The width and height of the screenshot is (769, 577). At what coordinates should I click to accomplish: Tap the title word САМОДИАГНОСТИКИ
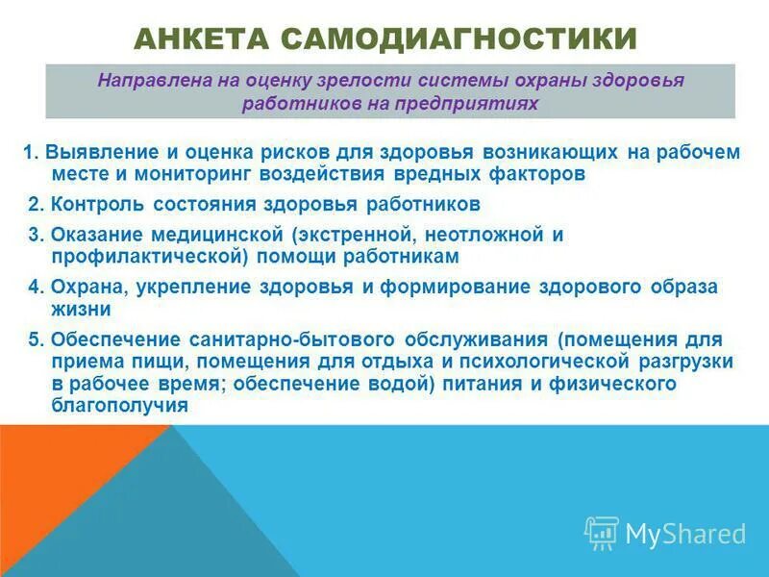[459, 38]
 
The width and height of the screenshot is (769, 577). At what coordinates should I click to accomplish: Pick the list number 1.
[30, 152]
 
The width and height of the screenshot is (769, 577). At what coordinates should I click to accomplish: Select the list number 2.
[35, 204]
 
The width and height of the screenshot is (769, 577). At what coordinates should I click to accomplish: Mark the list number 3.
[35, 234]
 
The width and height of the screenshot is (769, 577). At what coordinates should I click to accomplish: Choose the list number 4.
[35, 287]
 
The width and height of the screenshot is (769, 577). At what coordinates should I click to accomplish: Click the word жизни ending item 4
[81, 309]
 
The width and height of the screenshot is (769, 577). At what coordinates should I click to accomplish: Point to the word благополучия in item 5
[118, 405]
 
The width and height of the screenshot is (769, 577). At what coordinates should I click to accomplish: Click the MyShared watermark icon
[601, 533]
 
